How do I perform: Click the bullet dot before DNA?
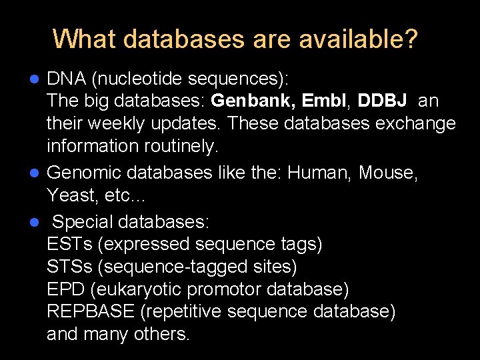[37, 79]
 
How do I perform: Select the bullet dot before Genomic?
[37, 173]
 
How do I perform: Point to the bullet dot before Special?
[37, 221]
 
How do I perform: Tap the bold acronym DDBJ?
[382, 101]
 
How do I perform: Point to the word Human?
[319, 173]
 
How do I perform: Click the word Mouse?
[387, 173]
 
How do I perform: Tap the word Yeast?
[69, 196]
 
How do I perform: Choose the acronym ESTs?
[69, 245]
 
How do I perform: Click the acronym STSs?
[69, 267]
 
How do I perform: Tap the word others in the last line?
[163, 334]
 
